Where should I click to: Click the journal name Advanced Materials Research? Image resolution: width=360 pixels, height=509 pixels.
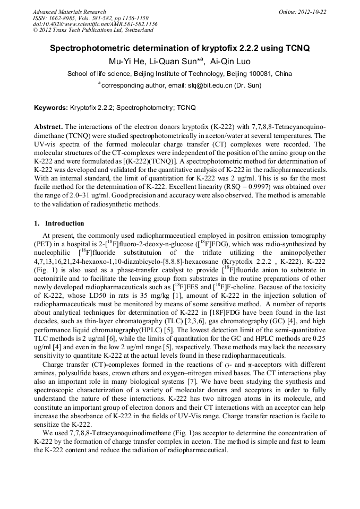click(69, 12)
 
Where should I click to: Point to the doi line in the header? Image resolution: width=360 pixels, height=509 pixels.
click(95, 24)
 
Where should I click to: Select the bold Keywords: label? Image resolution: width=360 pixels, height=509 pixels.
click(51, 108)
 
